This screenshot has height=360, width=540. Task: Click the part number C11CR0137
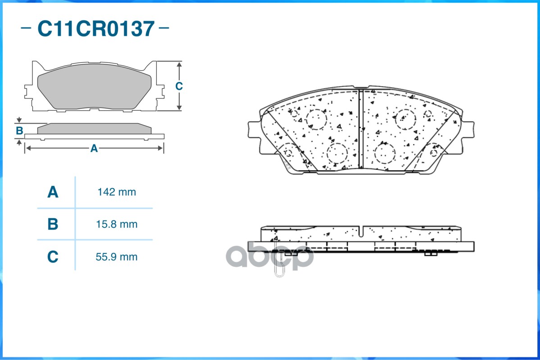pyautogui.click(x=96, y=29)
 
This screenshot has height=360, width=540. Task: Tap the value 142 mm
pyautogui.click(x=117, y=193)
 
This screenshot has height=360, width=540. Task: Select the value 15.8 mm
pyautogui.click(x=117, y=224)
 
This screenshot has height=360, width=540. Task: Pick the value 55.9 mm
pyautogui.click(x=117, y=257)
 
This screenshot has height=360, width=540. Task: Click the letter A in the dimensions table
pyautogui.click(x=53, y=193)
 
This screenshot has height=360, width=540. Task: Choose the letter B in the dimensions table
pyautogui.click(x=53, y=224)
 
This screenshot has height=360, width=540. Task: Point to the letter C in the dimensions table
pyautogui.click(x=53, y=257)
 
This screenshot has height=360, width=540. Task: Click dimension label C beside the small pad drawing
pyautogui.click(x=179, y=86)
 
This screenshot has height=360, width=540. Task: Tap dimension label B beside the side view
pyautogui.click(x=19, y=131)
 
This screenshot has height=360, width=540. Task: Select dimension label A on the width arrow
pyautogui.click(x=94, y=148)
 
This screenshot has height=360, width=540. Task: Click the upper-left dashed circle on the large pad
pyautogui.click(x=316, y=119)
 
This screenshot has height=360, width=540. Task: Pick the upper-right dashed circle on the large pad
pyautogui.click(x=405, y=118)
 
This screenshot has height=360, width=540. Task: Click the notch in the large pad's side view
pyautogui.click(x=362, y=230)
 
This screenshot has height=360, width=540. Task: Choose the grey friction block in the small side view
pyautogui.click(x=94, y=129)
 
